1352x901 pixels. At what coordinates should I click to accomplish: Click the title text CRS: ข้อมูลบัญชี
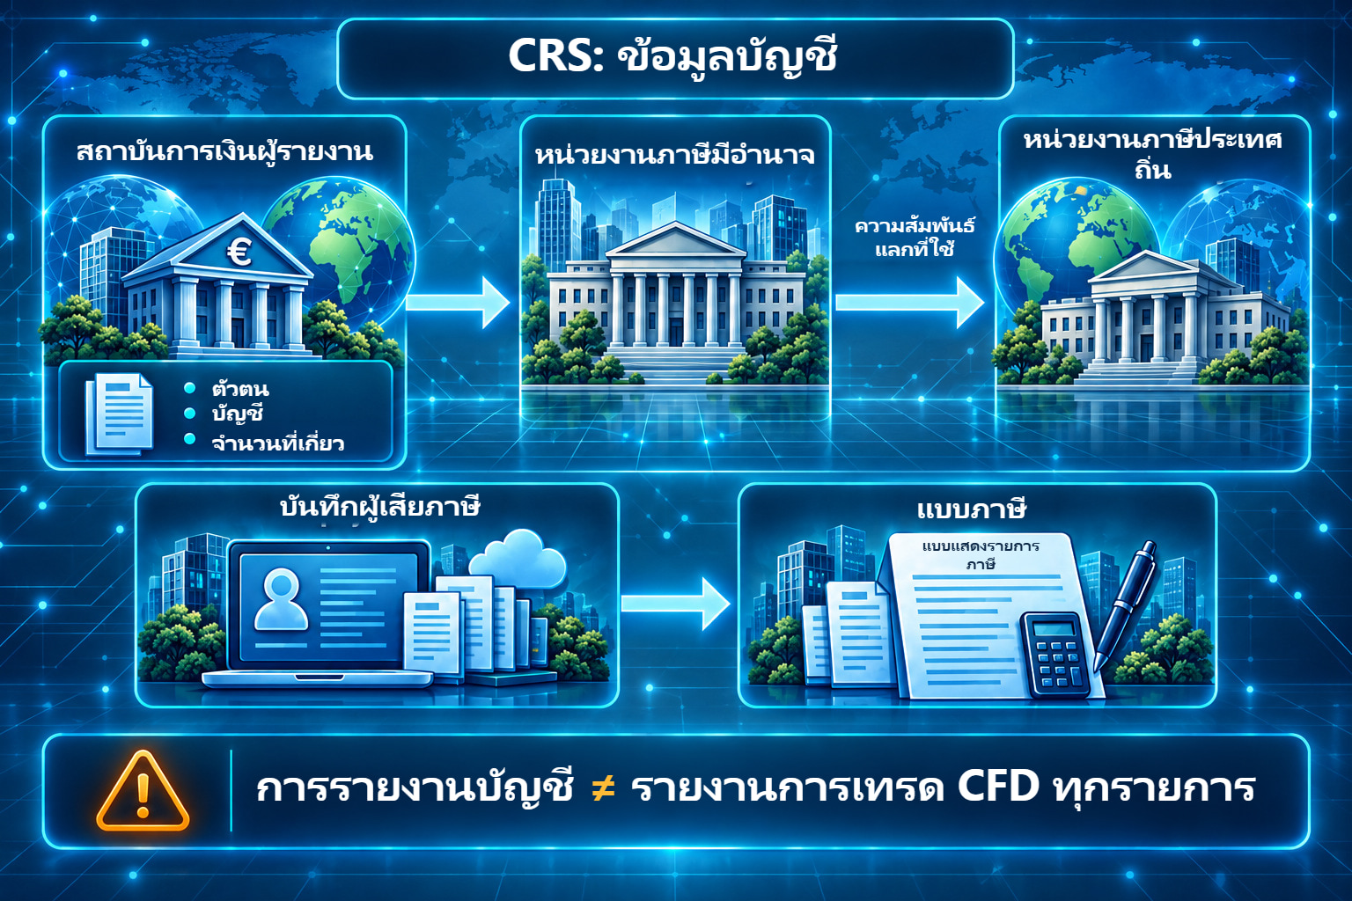click(x=673, y=57)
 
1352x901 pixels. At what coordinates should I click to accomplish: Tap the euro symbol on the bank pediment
click(x=239, y=253)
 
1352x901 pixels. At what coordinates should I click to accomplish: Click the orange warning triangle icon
click(x=143, y=791)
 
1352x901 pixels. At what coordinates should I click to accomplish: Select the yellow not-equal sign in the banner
click(x=603, y=788)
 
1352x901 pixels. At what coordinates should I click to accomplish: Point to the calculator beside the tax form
click(x=1057, y=654)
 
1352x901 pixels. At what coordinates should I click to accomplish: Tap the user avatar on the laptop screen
click(x=282, y=599)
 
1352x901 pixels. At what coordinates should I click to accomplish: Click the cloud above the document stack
click(x=518, y=557)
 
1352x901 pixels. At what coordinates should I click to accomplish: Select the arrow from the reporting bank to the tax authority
click(x=458, y=302)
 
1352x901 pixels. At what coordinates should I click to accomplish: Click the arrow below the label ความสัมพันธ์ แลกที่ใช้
click(x=909, y=303)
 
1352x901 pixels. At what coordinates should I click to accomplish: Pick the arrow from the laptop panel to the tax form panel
click(x=675, y=604)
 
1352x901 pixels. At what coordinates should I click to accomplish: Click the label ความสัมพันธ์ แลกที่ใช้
click(x=915, y=238)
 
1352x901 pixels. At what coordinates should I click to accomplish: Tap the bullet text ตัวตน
click(x=240, y=389)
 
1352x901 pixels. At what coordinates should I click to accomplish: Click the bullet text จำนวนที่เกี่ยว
click(x=277, y=443)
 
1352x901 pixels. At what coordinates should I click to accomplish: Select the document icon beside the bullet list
click(x=119, y=414)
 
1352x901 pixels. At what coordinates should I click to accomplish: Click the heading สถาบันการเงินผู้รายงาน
click(x=224, y=150)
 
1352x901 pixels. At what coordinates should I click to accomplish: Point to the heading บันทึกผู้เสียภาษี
click(x=379, y=506)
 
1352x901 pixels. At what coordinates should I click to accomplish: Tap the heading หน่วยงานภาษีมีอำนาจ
click(x=675, y=155)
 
